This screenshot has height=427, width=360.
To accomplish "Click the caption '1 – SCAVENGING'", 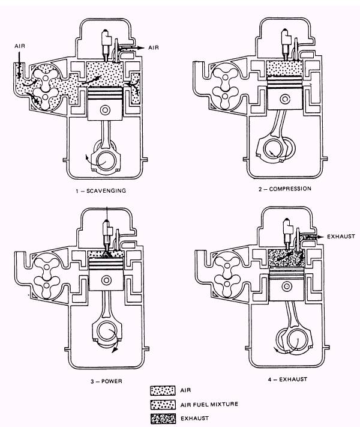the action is (101, 190).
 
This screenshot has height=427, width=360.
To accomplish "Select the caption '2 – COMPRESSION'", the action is (284, 189).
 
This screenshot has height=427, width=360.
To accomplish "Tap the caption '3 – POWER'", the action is (106, 381).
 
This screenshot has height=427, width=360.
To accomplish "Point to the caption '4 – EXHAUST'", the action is (287, 379).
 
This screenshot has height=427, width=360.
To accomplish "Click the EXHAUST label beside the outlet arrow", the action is (341, 237).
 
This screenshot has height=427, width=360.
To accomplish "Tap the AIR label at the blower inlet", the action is (20, 46).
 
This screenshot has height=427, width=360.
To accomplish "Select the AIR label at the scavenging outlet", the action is (154, 47).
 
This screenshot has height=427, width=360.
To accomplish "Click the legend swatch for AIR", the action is (163, 390).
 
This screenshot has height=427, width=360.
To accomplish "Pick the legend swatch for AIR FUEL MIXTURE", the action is (163, 404).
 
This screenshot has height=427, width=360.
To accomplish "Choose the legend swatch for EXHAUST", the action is (163, 419).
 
